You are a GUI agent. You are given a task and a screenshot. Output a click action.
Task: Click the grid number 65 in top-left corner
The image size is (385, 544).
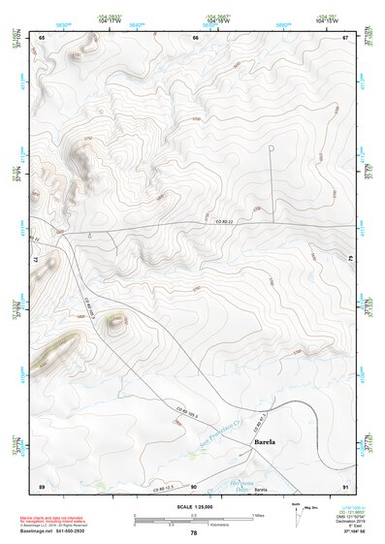click(42, 37)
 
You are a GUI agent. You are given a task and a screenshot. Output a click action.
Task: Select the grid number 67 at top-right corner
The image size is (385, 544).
click(345, 37)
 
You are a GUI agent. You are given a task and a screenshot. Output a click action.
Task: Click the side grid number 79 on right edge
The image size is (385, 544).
click(349, 257)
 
